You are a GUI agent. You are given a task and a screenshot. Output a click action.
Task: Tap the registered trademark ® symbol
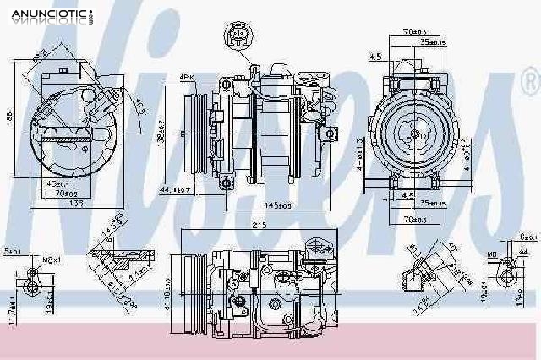[528, 83]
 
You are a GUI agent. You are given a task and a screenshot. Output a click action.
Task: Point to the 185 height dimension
[8, 123]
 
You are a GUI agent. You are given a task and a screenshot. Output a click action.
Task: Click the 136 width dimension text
[76, 203]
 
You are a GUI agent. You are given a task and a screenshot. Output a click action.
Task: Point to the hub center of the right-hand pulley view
[414, 132]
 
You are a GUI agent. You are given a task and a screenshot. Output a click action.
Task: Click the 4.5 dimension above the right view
[374, 57]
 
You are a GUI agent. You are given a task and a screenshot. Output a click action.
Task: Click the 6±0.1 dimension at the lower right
[527, 237]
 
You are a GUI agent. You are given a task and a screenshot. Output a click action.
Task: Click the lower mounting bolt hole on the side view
[225, 182]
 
